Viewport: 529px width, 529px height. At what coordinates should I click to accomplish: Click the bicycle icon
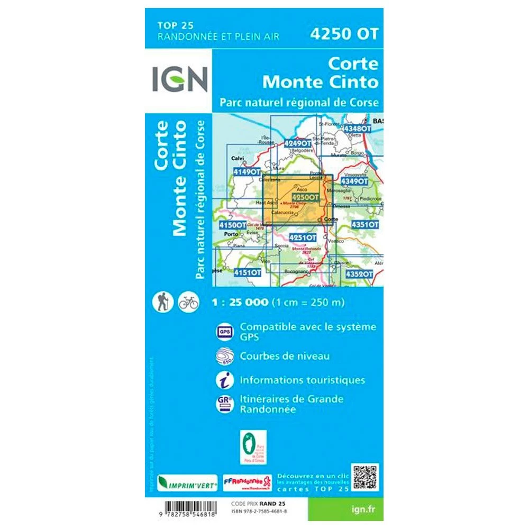pyautogui.click(x=188, y=302)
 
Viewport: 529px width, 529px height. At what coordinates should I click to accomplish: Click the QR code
pyautogui.click(x=366, y=477)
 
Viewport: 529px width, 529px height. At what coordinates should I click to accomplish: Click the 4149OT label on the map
pyautogui.click(x=247, y=172)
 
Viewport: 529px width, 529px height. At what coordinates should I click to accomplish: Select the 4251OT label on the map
pyautogui.click(x=303, y=238)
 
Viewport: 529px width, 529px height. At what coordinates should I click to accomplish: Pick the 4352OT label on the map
pyautogui.click(x=359, y=274)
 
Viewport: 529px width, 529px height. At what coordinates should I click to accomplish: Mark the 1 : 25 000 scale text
pyautogui.click(x=240, y=303)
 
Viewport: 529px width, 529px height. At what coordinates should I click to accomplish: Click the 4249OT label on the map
pyautogui.click(x=297, y=143)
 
